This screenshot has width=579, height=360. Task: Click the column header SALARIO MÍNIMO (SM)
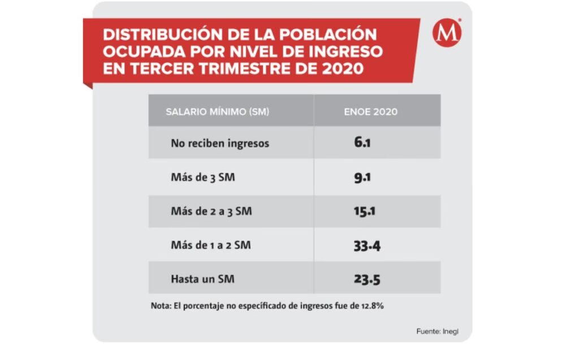point(217,111)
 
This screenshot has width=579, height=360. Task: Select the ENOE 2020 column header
point(370,111)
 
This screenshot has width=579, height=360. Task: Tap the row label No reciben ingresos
point(220,144)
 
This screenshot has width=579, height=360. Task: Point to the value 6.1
point(362,143)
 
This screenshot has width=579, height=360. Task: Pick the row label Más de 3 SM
point(203,177)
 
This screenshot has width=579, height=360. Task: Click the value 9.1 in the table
point(362,177)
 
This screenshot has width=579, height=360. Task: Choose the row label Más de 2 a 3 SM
point(211,212)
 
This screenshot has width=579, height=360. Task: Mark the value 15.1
point(365,212)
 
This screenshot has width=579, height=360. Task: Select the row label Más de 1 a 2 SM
point(211,246)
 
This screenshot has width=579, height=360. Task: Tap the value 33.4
point(366,246)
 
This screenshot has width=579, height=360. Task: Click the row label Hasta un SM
point(202,279)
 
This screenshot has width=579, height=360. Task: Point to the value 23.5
point(366,279)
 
